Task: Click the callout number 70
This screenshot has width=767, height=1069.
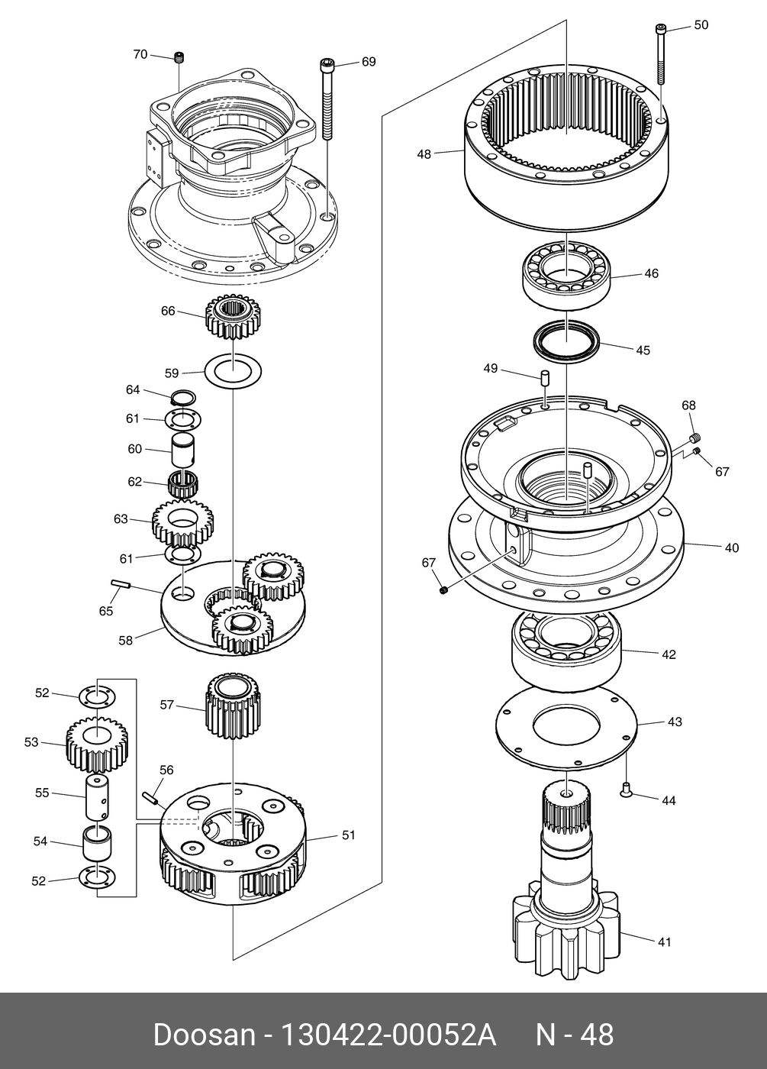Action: click(x=140, y=54)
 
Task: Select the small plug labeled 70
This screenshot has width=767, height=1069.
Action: click(x=179, y=58)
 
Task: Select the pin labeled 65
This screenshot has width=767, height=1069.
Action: click(x=121, y=584)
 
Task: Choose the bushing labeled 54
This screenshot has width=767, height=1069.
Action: click(x=98, y=843)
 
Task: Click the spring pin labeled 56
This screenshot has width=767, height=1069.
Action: click(x=151, y=798)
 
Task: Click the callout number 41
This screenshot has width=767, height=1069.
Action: click(x=665, y=941)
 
